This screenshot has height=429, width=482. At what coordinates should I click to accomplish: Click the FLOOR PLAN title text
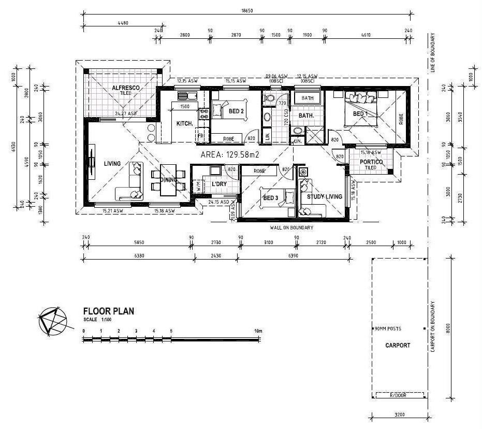(109, 311)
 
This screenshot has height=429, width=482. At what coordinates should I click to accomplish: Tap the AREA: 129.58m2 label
(229, 154)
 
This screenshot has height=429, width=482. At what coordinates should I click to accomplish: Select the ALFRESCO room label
(126, 89)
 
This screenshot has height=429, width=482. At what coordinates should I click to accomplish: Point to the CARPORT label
(398, 346)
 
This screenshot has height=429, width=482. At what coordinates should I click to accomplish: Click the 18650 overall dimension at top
(247, 11)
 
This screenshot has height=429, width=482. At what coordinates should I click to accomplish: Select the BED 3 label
(271, 198)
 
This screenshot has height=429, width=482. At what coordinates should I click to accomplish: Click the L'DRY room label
(219, 184)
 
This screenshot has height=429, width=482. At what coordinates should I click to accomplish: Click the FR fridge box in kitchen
(200, 136)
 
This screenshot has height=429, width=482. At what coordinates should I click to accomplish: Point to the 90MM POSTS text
(388, 329)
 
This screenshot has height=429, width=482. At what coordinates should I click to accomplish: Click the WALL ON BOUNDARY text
(291, 227)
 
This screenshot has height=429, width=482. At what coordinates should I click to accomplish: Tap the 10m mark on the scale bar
(258, 331)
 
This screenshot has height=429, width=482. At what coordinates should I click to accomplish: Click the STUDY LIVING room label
(325, 196)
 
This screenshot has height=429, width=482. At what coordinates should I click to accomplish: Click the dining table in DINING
(168, 180)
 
